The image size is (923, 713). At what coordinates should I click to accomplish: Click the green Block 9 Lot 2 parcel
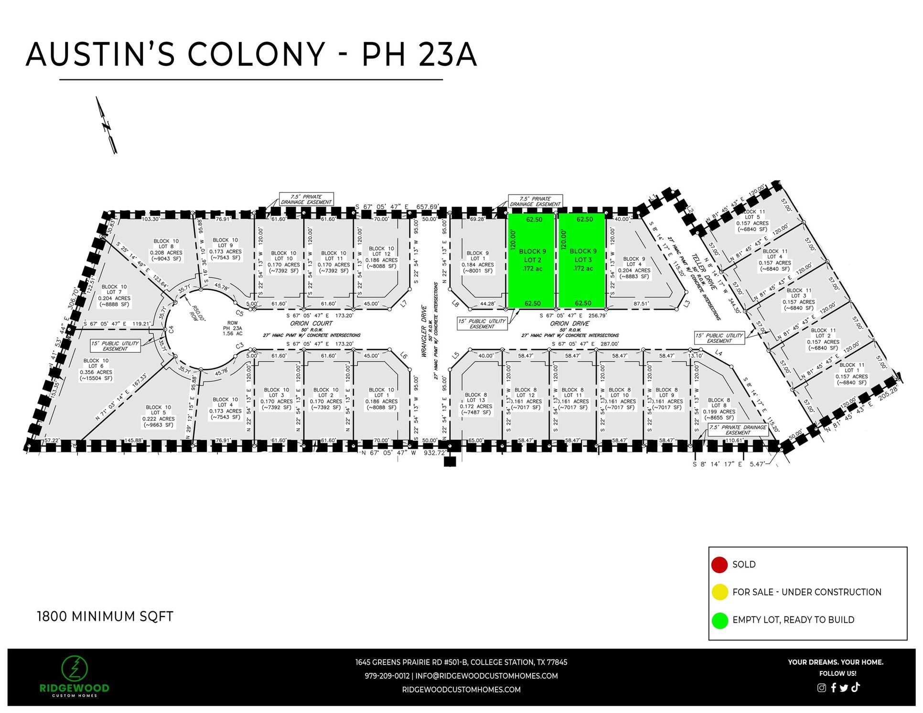click(x=532, y=260)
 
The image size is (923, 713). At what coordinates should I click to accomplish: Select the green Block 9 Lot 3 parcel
click(x=582, y=260)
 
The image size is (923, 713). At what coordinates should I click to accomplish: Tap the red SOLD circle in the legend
click(x=719, y=564)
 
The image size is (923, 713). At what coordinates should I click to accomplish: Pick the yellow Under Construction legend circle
click(x=719, y=592)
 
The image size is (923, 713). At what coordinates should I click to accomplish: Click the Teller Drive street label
click(x=704, y=272)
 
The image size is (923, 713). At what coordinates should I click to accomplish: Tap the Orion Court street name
click(x=311, y=323)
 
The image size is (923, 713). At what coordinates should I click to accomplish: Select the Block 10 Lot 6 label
click(x=96, y=370)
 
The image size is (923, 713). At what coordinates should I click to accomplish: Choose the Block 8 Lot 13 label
click(x=476, y=404)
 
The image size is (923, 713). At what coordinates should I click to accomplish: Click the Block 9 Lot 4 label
click(x=634, y=267)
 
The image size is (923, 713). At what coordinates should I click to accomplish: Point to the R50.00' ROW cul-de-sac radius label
click(x=196, y=313)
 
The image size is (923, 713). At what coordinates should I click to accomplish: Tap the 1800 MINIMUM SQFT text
click(x=105, y=617)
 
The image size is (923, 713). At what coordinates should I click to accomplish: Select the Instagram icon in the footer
click(x=821, y=688)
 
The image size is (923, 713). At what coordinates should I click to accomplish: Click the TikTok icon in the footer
click(x=855, y=687)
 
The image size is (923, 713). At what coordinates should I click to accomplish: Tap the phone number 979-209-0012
click(x=387, y=676)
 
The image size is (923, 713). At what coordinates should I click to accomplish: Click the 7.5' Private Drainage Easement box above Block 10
click(x=306, y=200)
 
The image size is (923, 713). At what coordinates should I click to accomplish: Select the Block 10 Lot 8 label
click(x=166, y=250)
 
